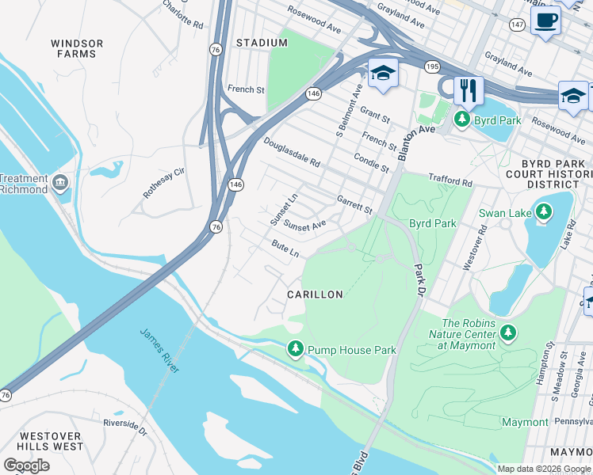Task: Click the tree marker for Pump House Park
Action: pos(296,348)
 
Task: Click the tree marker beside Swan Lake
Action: pos(543,212)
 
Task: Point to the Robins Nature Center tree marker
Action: pos(507,333)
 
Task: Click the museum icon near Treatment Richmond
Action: pos(60,184)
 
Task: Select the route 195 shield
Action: pos(431,66)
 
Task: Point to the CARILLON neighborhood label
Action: pos(315,294)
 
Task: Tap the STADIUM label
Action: pos(261,42)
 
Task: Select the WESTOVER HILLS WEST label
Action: pos(51,441)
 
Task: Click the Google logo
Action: pos(26,465)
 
